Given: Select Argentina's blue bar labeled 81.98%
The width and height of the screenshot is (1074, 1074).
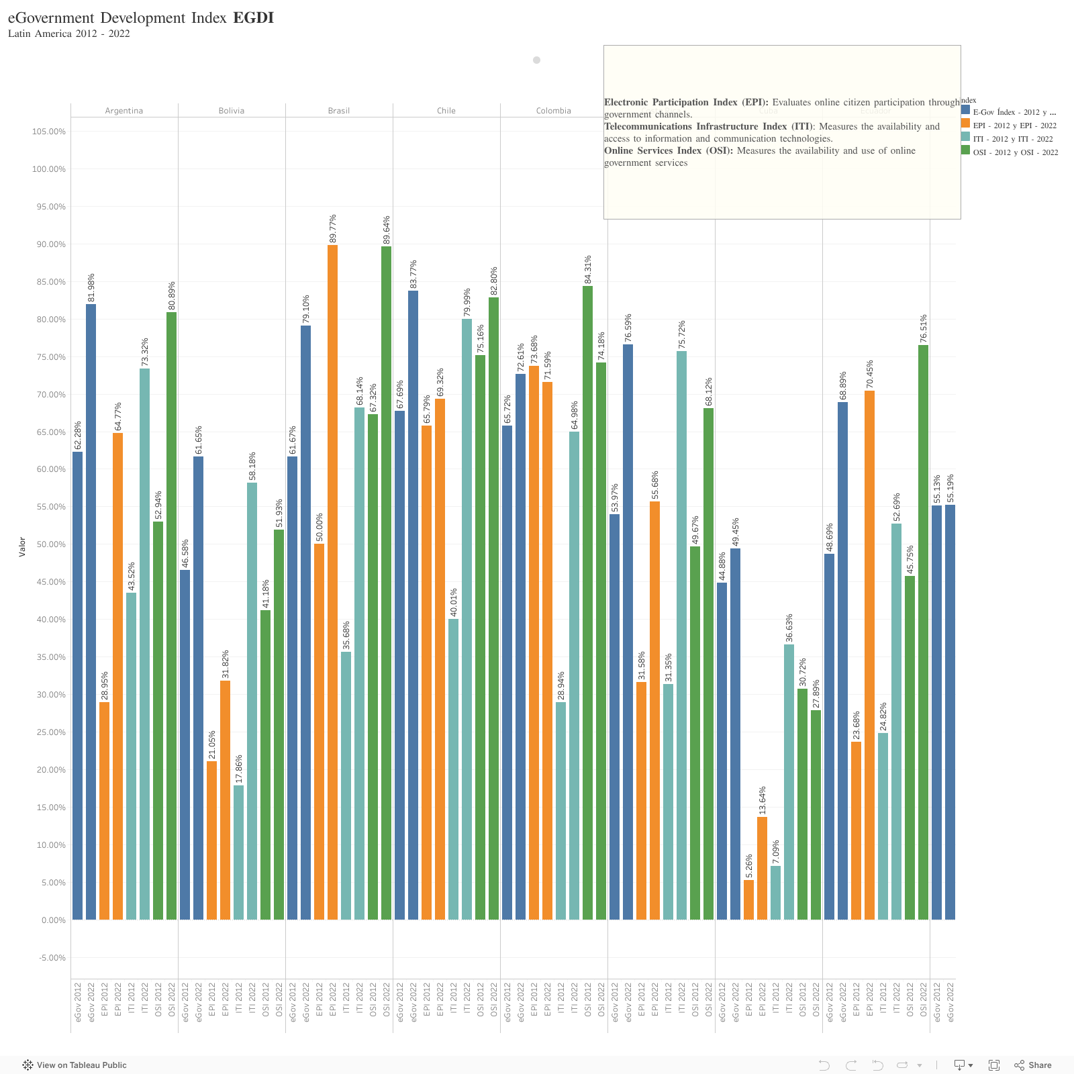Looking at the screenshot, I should click(x=91, y=611).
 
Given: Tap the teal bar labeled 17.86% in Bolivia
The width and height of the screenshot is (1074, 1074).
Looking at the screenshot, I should click(x=238, y=852).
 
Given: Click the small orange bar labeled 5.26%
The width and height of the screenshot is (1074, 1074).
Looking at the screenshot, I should click(x=748, y=899).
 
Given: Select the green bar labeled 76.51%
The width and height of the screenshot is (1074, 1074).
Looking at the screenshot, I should click(x=923, y=632).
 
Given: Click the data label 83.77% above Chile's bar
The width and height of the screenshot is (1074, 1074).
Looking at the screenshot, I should click(x=413, y=273).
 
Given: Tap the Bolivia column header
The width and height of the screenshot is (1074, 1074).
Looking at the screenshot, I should click(x=232, y=111).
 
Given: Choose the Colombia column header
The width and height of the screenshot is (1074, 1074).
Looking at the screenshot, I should click(x=554, y=111).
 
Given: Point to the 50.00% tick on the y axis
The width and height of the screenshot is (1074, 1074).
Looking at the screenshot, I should click(x=49, y=544).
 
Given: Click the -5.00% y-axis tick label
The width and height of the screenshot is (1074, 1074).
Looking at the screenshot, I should click(x=49, y=958).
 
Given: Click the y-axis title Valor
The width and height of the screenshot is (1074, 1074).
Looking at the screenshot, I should click(x=22, y=546).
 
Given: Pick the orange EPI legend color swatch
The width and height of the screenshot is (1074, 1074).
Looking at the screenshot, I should click(x=965, y=124).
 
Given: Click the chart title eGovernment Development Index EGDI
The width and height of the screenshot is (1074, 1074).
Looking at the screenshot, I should click(x=141, y=17).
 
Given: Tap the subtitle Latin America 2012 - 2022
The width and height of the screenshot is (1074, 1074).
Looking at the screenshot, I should click(x=69, y=34).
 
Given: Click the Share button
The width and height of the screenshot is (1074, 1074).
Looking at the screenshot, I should click(x=1033, y=1065).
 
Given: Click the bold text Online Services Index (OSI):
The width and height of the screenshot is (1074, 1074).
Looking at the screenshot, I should click(x=669, y=150).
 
